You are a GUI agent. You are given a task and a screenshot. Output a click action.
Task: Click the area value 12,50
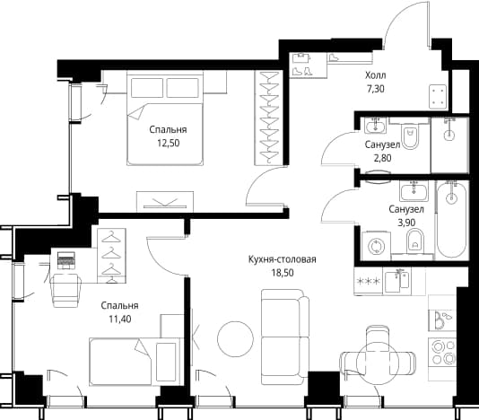(169, 143)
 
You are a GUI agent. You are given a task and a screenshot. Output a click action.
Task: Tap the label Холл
(376, 75)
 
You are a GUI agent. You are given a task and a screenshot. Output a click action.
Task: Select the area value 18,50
(283, 273)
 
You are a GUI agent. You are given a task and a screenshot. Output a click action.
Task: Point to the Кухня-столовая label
(283, 259)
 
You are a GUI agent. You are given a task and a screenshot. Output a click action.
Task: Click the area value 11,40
(120, 319)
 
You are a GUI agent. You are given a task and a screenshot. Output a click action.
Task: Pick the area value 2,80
(382, 158)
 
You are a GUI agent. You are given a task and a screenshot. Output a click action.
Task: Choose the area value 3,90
(406, 223)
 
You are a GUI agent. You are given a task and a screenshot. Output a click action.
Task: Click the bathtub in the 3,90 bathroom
(451, 219)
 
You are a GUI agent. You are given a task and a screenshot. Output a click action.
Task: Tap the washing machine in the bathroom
(376, 247)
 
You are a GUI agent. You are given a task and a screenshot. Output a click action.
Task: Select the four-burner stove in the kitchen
(442, 353)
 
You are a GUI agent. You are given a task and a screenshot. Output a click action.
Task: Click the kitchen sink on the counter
(397, 281)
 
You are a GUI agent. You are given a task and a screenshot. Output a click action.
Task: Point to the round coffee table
(235, 338)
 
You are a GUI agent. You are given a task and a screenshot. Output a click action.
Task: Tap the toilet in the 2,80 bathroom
(410, 136)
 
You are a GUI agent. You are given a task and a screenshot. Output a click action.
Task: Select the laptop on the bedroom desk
(66, 261)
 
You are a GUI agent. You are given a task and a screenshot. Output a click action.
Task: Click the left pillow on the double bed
(147, 88)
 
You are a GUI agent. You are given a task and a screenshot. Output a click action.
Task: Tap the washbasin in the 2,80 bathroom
(376, 126)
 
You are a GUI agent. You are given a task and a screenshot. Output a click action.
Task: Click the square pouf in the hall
(438, 97)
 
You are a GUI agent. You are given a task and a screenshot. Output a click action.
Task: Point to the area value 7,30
(376, 89)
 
